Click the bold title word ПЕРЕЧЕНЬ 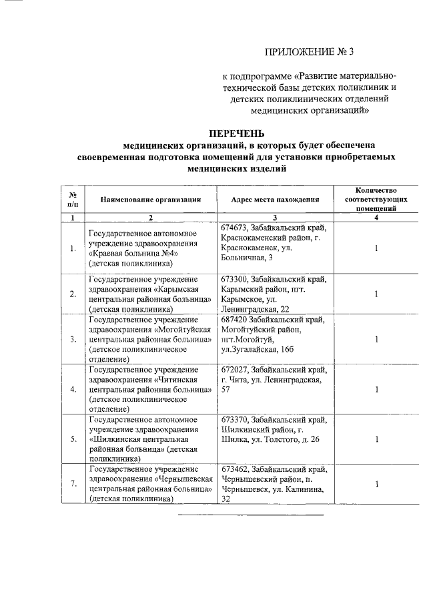click(x=237, y=133)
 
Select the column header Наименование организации click(x=151, y=199)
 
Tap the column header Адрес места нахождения click(x=275, y=199)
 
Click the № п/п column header click(x=73, y=199)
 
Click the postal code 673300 click(x=234, y=278)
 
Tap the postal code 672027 click(x=234, y=370)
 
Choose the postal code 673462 click(x=234, y=469)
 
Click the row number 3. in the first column click(x=73, y=339)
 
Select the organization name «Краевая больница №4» click(x=134, y=254)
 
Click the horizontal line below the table click(x=250, y=515)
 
